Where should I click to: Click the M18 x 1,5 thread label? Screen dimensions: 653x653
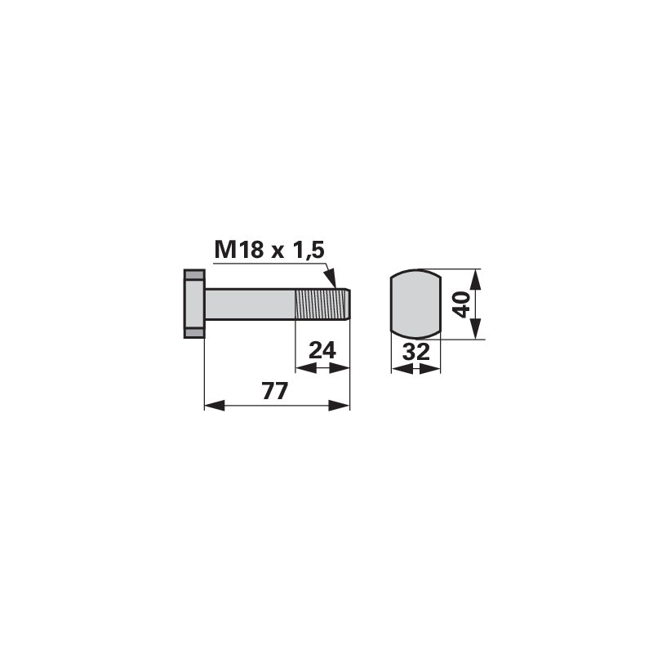tap(269, 251)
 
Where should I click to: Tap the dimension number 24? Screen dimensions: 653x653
tap(322, 351)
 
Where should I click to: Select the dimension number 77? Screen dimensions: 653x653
tap(275, 391)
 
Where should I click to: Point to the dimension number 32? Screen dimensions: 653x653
tap(415, 353)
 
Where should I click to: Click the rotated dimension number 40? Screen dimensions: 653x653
tap(462, 304)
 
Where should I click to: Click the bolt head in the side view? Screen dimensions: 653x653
tap(194, 304)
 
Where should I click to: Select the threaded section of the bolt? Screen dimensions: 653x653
tap(321, 304)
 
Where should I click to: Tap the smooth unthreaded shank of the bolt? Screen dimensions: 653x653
tap(250, 304)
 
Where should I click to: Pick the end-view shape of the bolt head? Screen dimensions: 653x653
tap(415, 304)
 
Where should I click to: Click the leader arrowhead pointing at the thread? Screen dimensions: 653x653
tap(331, 278)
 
